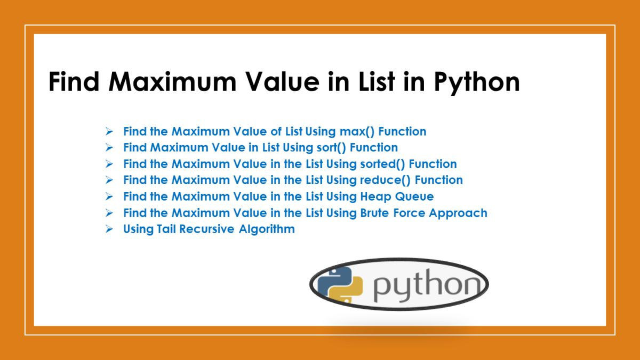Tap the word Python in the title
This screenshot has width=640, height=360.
[x=476, y=83]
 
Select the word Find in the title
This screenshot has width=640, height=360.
[x=75, y=83]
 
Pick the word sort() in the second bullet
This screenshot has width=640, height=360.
[x=331, y=148]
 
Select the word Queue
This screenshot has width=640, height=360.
[x=415, y=197]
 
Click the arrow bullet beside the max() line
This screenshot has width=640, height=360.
[x=109, y=131]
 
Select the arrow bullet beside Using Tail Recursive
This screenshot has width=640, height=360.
[x=109, y=230]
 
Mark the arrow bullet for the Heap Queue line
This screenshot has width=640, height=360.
[x=109, y=197]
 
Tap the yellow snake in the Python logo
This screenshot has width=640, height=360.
[x=347, y=292]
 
